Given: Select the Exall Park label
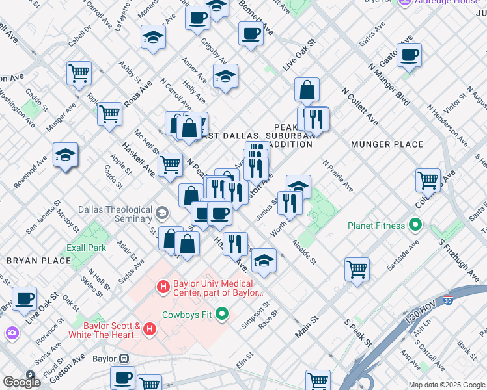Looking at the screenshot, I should [86, 248].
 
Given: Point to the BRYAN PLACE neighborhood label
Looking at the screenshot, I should [38, 261].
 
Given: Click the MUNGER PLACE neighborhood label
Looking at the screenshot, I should [378, 144].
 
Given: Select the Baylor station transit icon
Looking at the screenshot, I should [123, 358].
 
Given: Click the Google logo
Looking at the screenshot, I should [21, 382].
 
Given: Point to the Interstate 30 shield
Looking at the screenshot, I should [447, 301].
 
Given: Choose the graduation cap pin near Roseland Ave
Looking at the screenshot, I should [65, 155].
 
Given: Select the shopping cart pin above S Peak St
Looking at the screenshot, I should [357, 268].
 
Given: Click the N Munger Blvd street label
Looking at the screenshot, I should [388, 84].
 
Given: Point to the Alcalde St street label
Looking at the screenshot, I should [303, 252].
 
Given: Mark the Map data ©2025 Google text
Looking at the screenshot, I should [446, 385].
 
